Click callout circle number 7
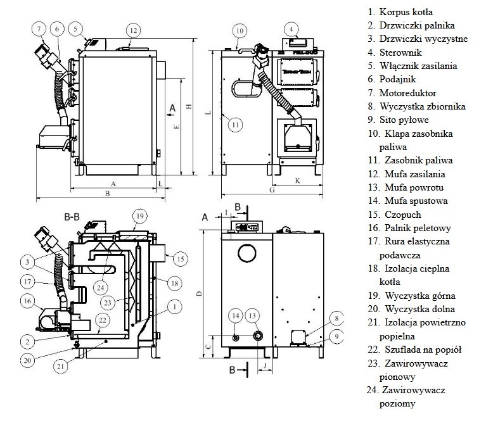pos(39,28)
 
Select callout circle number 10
pos(238,30)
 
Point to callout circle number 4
pos(291,29)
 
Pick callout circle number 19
pos(139,216)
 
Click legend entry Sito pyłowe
pos(404,120)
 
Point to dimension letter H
pos(189,106)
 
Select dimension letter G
pos(271,189)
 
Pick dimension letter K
pos(297,180)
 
